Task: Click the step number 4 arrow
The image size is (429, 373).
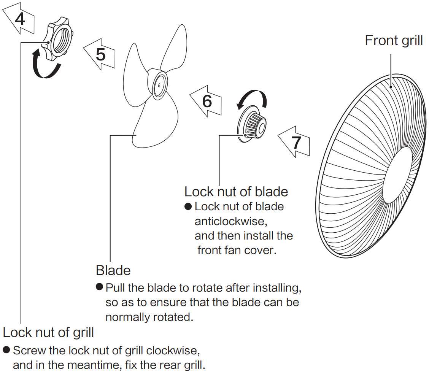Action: pos(19,19)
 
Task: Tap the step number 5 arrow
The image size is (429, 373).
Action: pos(100,54)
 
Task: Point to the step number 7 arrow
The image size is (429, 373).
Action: pos(294,142)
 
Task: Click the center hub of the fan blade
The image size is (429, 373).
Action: pos(157,84)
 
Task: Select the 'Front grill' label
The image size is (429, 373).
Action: pos(394,40)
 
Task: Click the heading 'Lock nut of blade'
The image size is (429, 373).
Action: pos(236,191)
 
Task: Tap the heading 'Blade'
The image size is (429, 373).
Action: pos(113,270)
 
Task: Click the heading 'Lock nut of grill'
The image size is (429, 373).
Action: pos(48,332)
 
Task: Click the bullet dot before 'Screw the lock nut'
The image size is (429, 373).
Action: pos(6,349)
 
